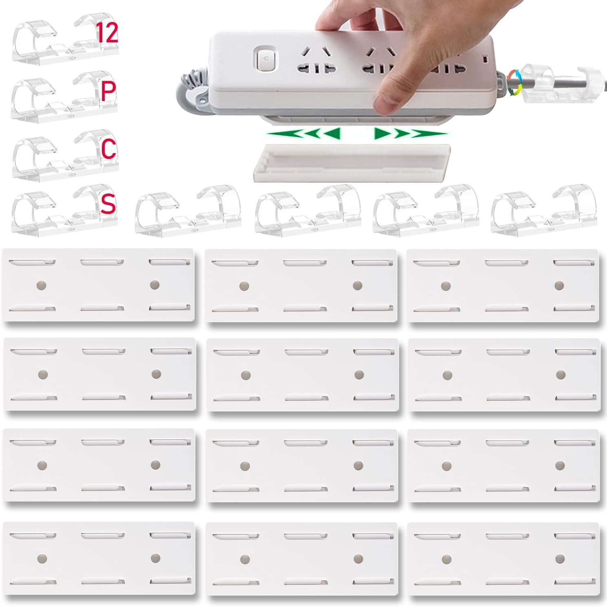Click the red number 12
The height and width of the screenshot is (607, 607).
click(107, 33)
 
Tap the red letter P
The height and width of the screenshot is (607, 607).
click(108, 91)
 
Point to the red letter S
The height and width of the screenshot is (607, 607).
click(108, 204)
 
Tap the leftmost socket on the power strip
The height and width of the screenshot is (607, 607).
click(317, 61)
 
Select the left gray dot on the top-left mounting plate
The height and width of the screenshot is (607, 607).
click(41, 285)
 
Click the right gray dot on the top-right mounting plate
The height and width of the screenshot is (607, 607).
click(559, 285)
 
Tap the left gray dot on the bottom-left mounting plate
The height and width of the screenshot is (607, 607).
click(42, 558)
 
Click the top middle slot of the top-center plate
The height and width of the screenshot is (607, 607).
click(305, 263)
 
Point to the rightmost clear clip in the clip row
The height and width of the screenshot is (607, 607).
click(544, 210)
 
